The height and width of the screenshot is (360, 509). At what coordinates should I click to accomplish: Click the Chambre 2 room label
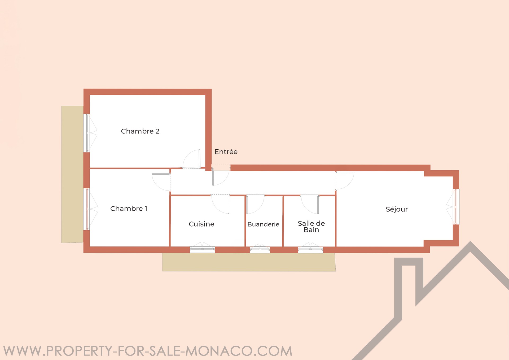coord(140,131)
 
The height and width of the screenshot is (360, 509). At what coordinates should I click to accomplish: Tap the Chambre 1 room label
coord(129,209)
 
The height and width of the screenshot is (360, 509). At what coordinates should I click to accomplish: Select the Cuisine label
coord(201,224)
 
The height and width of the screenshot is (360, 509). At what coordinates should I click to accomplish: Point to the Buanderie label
coord(263,224)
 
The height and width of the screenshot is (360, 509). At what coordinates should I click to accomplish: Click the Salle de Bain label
coord(311,227)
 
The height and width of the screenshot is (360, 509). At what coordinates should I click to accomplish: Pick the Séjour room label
coord(397,209)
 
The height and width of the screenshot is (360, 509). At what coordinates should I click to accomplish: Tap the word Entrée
coord(226,152)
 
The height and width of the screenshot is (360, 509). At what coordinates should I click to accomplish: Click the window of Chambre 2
coord(87,133)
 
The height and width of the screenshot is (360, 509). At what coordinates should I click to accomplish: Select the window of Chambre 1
coord(87,209)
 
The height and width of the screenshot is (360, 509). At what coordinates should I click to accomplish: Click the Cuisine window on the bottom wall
coord(202,249)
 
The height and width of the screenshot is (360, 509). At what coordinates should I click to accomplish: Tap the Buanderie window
coord(260,249)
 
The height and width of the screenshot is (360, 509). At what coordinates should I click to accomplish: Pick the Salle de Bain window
coord(310,249)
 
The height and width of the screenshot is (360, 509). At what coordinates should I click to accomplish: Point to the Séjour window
coord(456,207)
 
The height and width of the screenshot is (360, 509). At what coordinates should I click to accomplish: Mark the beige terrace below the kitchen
coord(249,262)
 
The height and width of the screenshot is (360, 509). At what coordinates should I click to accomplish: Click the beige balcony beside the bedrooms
coord(72,174)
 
